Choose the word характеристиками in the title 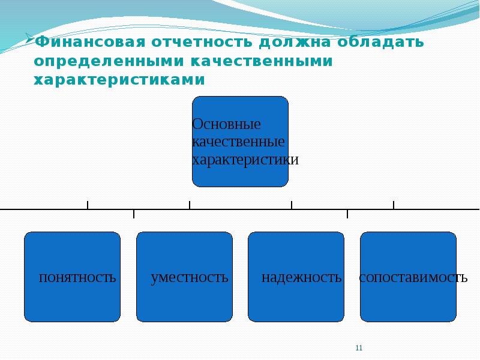coord(119,80)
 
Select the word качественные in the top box coord(238,143)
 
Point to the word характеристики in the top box coord(245,160)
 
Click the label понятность coord(77,278)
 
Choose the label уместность coord(190,278)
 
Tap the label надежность coord(301,278)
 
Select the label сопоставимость coord(413,278)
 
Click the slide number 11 coord(359,348)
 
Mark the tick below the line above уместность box coord(134,214)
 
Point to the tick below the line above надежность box coord(347,214)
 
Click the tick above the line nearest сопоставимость coord(394,205)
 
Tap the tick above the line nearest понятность coord(88,205)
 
